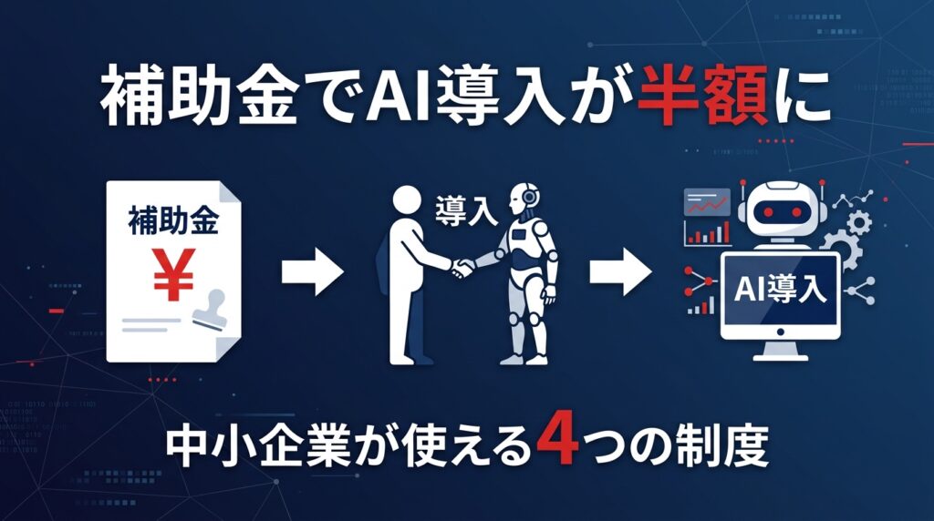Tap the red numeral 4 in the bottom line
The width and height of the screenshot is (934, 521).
[x=556, y=443]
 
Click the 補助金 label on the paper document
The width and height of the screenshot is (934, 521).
[x=173, y=220]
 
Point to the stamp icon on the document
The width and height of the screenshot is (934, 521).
[x=210, y=310]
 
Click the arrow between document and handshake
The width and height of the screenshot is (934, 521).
[x=313, y=272]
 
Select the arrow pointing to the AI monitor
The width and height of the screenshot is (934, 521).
[x=620, y=272]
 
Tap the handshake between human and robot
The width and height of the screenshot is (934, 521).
[x=462, y=267]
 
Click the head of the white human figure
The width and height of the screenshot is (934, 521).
[x=408, y=202]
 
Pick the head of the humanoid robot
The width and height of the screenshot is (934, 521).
[x=523, y=199]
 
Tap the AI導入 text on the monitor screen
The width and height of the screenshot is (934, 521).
[x=781, y=290]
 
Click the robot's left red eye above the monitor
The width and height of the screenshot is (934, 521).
[x=768, y=211]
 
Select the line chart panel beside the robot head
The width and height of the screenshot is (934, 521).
[x=707, y=202]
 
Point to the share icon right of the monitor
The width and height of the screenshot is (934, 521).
[x=861, y=291]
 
